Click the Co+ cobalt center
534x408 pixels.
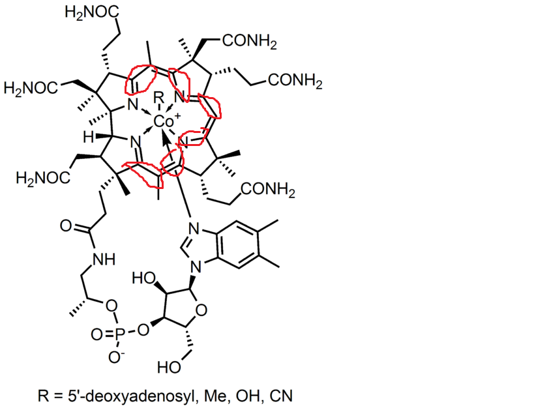[x=166, y=121]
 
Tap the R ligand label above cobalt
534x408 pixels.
[x=158, y=98]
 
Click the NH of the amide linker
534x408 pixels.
[x=104, y=259]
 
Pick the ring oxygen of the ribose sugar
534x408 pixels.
[x=201, y=310]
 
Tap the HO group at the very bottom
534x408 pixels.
[x=169, y=368]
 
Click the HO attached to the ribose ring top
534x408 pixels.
[x=143, y=278]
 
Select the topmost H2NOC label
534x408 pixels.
[x=92, y=13]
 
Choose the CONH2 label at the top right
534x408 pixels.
[x=250, y=42]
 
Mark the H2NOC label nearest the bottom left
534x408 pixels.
[x=43, y=178]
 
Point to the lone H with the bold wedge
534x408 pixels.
[x=89, y=138]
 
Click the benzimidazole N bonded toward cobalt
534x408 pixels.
[x=194, y=228]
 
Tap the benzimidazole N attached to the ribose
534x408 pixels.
[x=196, y=267]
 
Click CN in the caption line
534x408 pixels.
[x=281, y=396]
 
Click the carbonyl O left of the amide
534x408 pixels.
[x=66, y=226]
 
